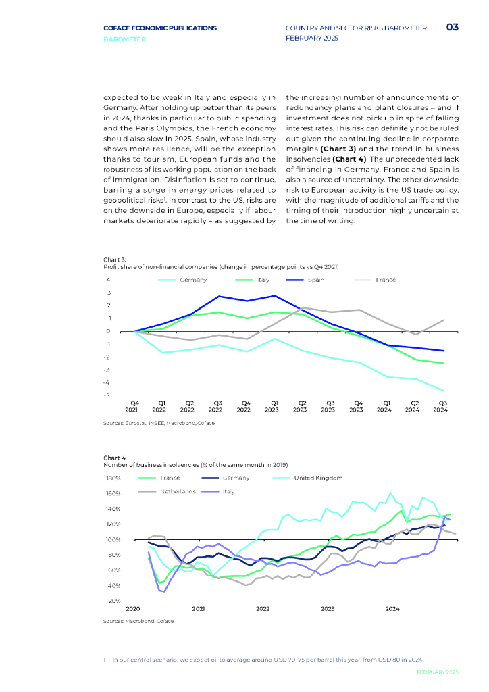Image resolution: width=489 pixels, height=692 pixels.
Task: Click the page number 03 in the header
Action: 452,28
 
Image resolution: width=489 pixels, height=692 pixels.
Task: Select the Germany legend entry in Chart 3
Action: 193,280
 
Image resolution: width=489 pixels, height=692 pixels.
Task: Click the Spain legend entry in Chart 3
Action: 315,280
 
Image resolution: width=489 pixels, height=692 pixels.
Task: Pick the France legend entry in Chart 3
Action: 386,280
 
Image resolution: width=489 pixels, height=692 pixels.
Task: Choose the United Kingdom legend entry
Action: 318,478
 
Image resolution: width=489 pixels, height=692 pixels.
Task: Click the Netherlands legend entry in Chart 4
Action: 178,491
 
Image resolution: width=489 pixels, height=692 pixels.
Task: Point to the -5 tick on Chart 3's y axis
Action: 107,395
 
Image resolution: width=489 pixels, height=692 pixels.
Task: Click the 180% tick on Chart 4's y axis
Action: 113,478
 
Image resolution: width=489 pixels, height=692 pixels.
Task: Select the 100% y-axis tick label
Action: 113,540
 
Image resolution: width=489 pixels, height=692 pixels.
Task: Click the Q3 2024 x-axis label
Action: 440,405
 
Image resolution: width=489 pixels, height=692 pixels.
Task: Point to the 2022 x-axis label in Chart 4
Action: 263,609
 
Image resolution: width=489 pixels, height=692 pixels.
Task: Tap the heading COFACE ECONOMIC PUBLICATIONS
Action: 160,28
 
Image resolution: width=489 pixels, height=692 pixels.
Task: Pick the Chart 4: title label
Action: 115,458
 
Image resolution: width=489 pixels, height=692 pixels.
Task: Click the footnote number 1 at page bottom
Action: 105,659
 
